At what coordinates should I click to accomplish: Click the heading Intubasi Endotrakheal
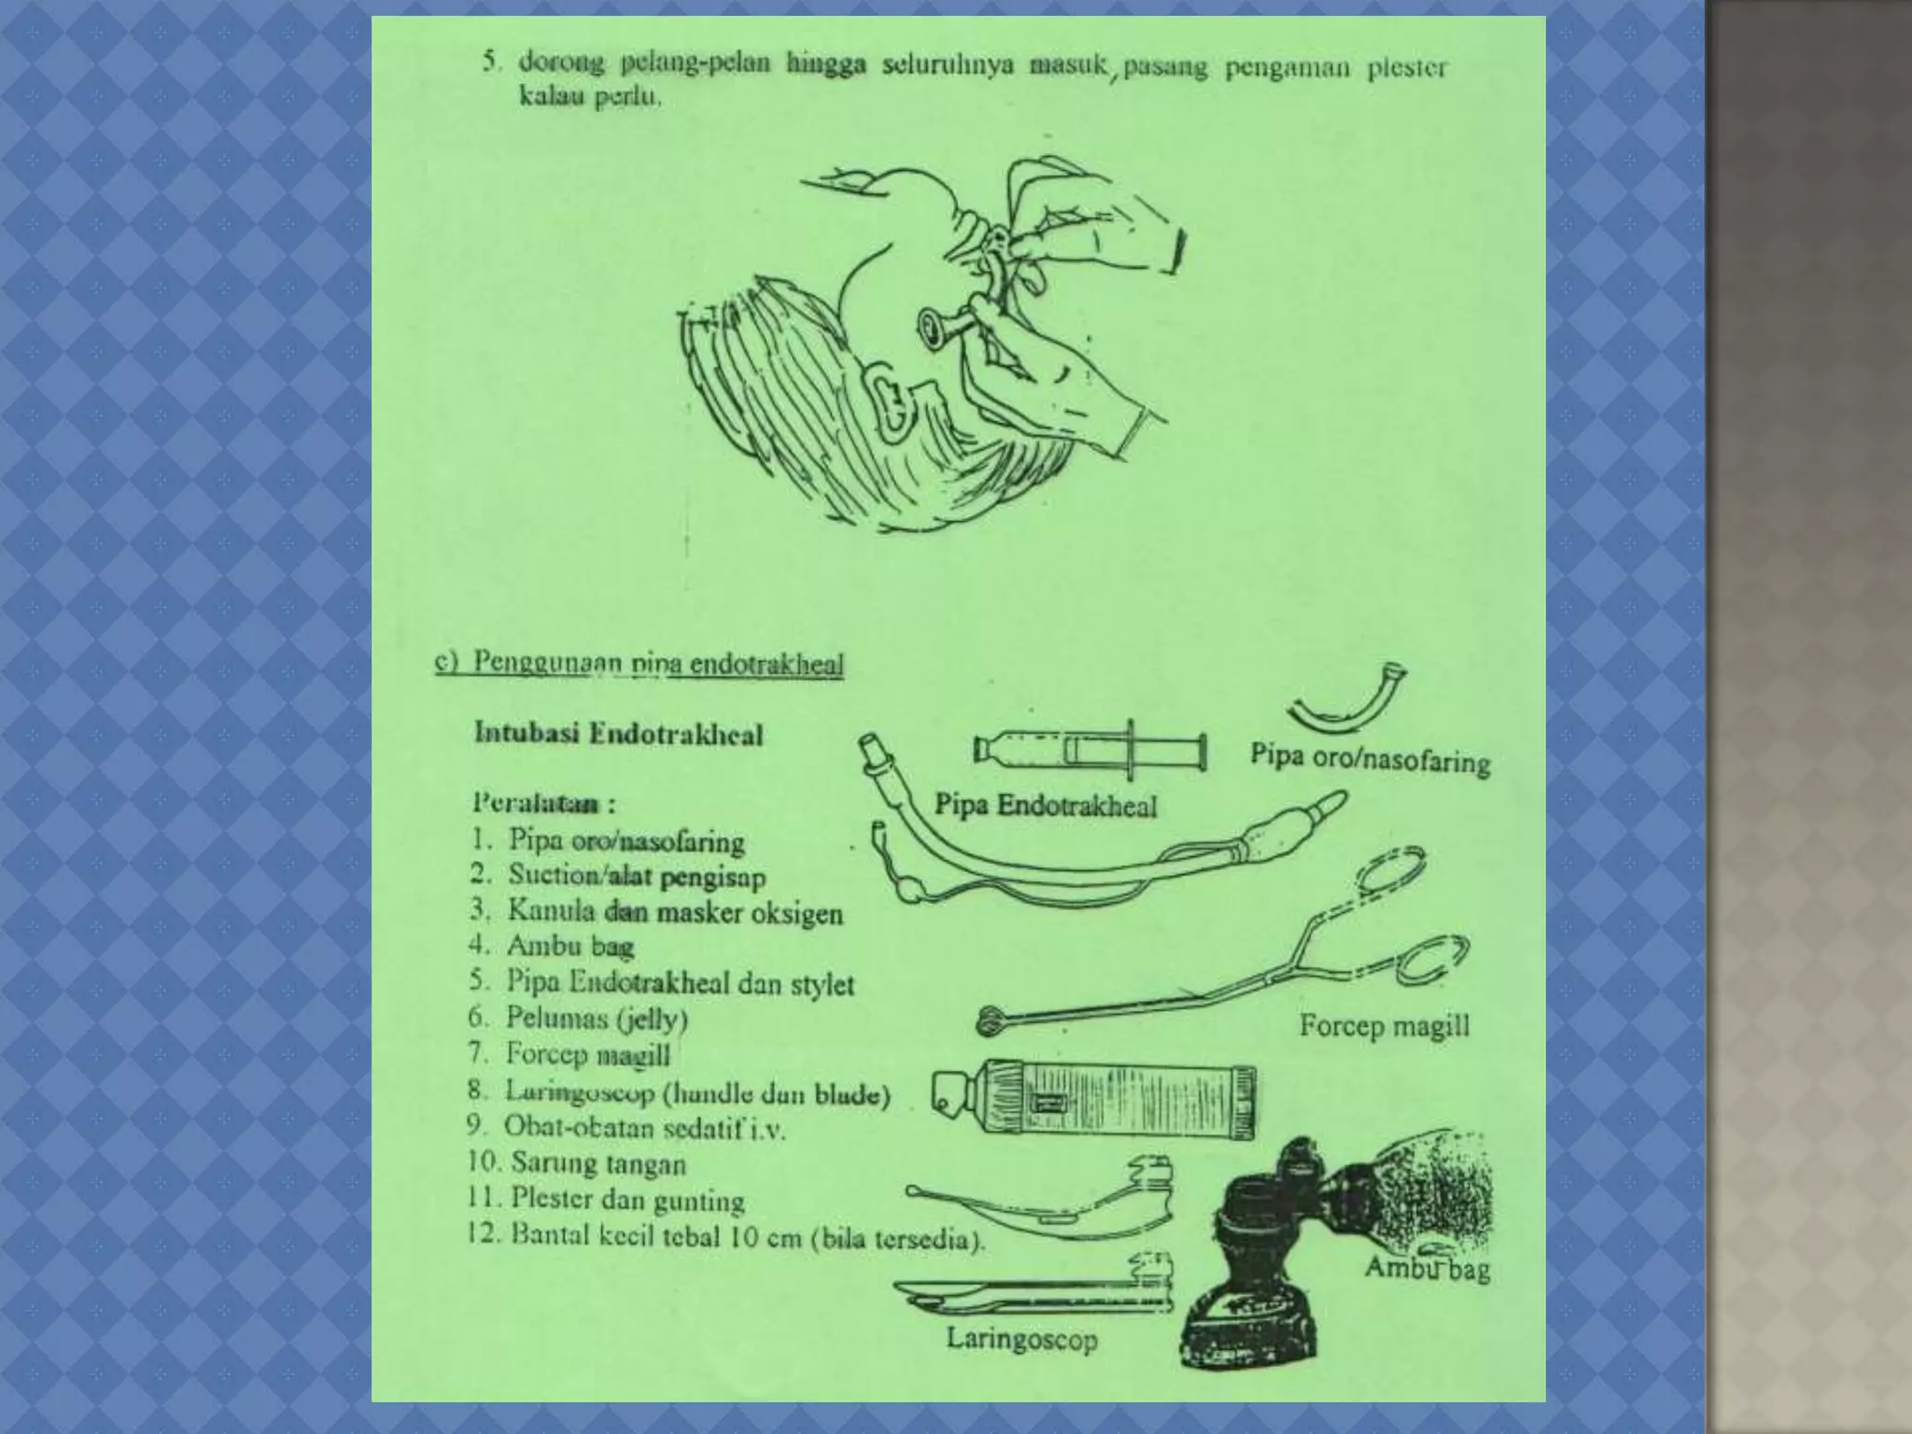[618, 734]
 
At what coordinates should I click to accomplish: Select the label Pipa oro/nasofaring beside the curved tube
[1370, 759]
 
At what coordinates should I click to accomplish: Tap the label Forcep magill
[1384, 1026]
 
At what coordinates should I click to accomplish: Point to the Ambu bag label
[1427, 1269]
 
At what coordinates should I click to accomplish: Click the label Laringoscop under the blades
[1021, 1339]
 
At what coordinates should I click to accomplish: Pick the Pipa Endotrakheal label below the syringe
[1046, 806]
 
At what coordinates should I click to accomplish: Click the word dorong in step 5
[556, 63]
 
